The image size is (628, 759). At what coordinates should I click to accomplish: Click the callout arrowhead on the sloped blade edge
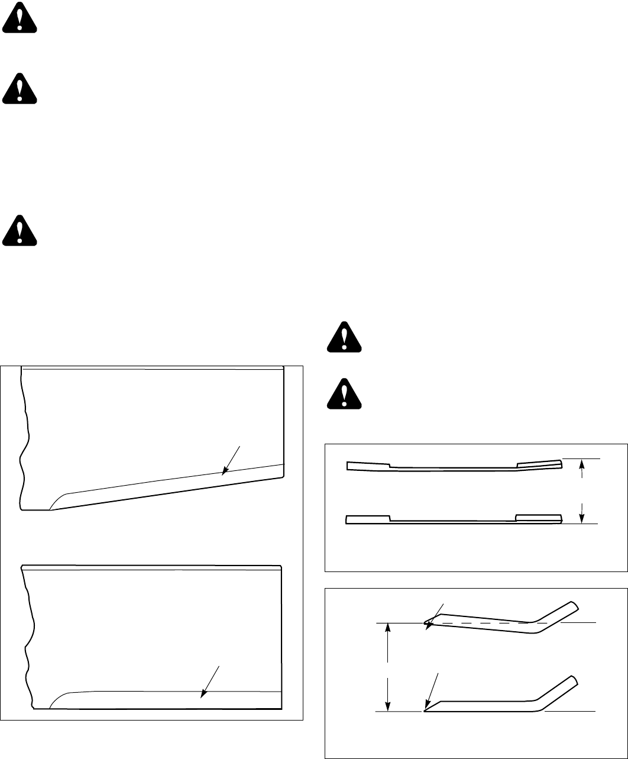223,473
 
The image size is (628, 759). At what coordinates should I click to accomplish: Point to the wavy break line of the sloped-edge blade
24,438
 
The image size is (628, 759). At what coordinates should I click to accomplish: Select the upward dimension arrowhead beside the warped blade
582,465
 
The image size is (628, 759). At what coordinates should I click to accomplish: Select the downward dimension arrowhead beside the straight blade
582,518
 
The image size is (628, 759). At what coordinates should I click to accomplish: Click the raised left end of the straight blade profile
367,519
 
